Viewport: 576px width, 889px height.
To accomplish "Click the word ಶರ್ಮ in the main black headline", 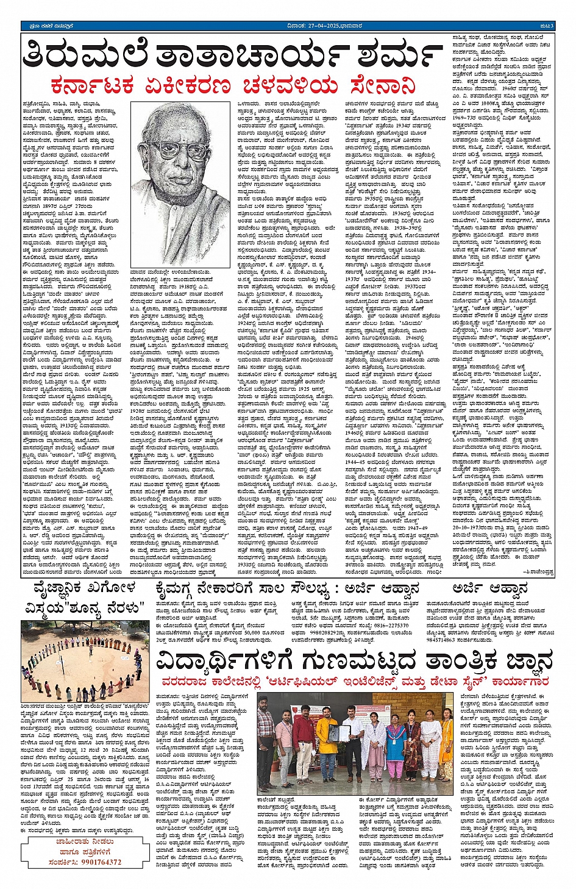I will point(392,55).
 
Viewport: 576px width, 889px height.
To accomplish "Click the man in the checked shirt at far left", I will point(266,738).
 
